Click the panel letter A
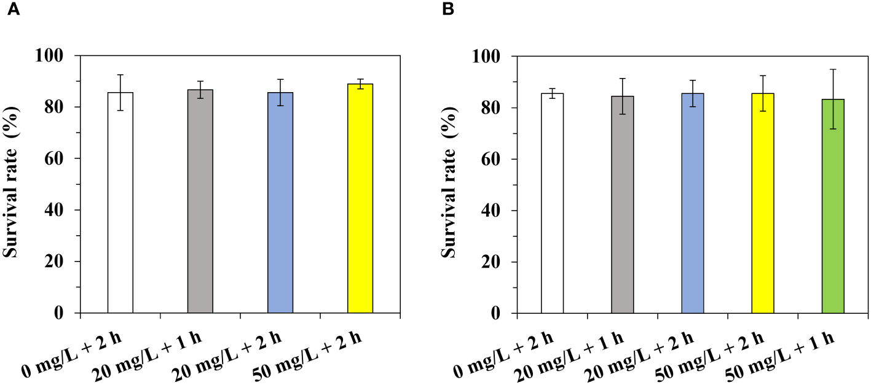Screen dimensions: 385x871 [x=12, y=10]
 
